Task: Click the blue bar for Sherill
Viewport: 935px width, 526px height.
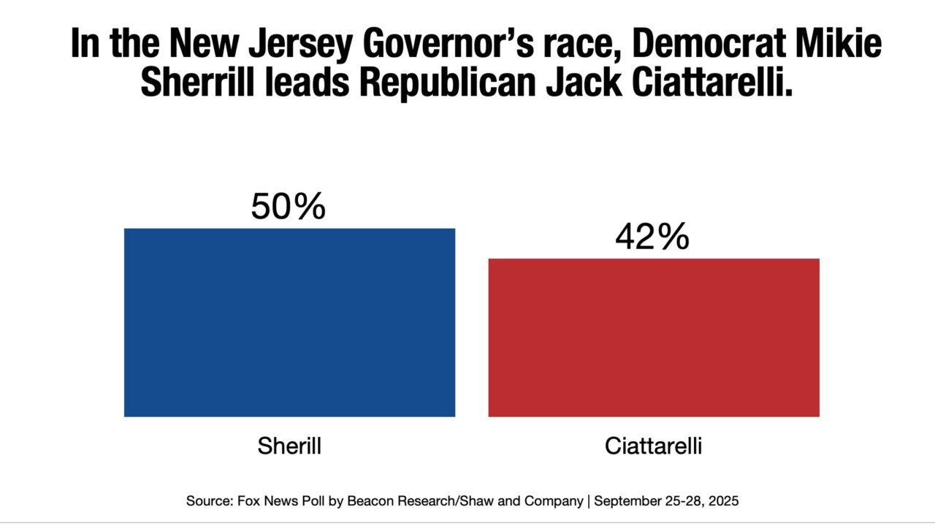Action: (x=289, y=322)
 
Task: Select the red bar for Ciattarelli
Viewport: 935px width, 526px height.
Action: (x=654, y=338)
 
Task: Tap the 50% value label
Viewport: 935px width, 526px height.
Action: (x=288, y=207)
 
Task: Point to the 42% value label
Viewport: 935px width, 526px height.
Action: (x=652, y=237)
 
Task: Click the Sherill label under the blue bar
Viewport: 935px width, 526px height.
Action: (x=289, y=446)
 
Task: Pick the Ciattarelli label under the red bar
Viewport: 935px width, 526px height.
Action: (x=653, y=446)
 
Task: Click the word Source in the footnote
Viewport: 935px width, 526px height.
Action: (x=204, y=501)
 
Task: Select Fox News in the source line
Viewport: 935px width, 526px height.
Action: (x=258, y=501)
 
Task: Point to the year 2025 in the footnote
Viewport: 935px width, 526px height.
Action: (x=724, y=501)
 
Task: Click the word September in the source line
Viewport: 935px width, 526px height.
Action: (x=628, y=501)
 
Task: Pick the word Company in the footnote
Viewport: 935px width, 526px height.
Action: (x=555, y=501)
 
